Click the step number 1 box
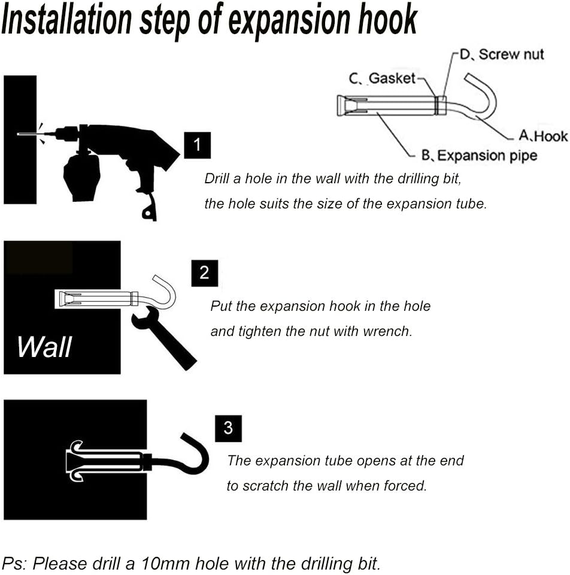click(197, 145)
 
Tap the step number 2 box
click(205, 273)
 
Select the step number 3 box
click(228, 428)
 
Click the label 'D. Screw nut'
click(502, 55)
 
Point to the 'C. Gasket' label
click(382, 78)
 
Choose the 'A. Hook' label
click(543, 136)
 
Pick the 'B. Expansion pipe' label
click(479, 156)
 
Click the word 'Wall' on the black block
click(44, 347)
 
